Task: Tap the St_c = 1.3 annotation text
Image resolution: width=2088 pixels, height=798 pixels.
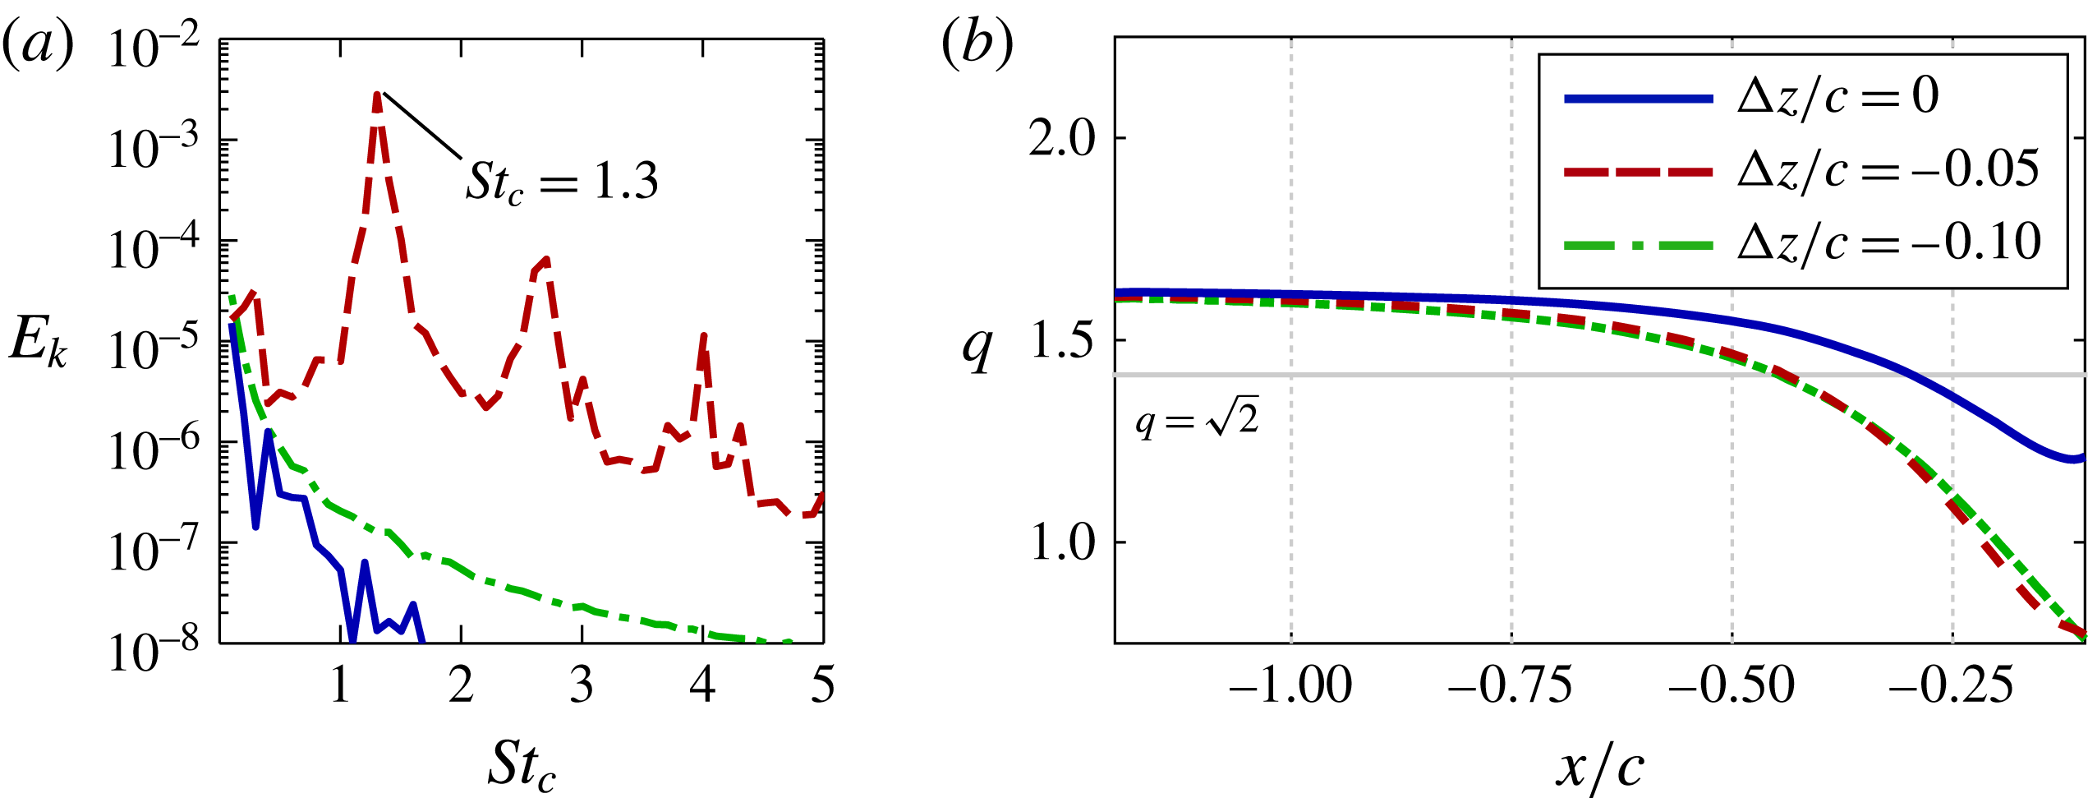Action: click(x=562, y=182)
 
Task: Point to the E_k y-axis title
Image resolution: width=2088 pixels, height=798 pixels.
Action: click(x=38, y=341)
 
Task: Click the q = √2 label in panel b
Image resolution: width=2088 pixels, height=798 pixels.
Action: click(x=1197, y=421)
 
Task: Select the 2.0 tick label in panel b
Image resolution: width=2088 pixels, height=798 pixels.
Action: click(x=1062, y=138)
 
